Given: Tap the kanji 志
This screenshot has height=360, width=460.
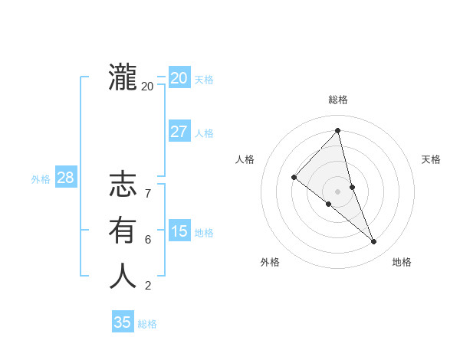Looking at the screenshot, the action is (x=123, y=185).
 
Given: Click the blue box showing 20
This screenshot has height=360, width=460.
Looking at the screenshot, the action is (x=179, y=78).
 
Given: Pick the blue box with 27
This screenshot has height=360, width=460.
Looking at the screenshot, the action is (x=179, y=132).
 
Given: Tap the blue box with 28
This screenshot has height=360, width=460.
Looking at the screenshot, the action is (x=65, y=178).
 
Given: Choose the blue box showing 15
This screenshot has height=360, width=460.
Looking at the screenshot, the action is (x=179, y=231).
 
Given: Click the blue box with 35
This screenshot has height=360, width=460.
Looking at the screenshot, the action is (x=123, y=322).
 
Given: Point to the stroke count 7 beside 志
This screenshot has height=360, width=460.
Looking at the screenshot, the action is (x=147, y=194).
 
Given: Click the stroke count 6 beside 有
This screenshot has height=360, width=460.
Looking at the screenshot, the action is (x=147, y=239).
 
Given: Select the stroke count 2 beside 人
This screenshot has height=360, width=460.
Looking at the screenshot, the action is (x=147, y=286).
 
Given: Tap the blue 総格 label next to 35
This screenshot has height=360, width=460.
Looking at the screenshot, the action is (x=147, y=324).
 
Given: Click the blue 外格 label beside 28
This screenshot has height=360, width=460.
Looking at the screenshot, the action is (x=41, y=179).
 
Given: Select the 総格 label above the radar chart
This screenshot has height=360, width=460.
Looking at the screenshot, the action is (x=338, y=100).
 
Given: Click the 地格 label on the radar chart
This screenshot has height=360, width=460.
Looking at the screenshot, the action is (x=402, y=262).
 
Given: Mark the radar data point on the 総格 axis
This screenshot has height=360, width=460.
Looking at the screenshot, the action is (x=338, y=131).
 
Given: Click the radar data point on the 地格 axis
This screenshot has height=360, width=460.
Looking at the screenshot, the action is (x=374, y=242).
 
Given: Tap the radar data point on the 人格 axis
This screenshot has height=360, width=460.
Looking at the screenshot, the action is (x=294, y=177).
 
